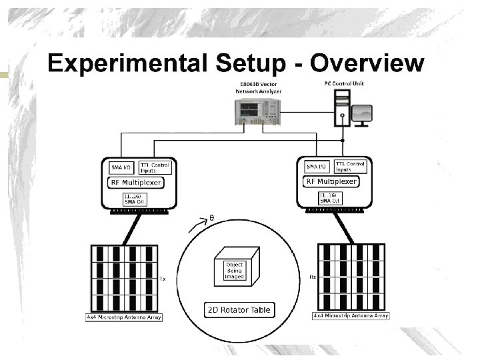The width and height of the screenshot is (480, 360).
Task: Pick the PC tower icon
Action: [x=341, y=109]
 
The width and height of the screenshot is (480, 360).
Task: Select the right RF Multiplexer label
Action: [x=331, y=181]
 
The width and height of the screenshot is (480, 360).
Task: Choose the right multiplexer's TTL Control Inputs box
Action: [x=349, y=167]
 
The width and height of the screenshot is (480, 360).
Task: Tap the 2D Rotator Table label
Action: [x=238, y=310]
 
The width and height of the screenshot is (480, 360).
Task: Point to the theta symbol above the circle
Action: [x=211, y=217]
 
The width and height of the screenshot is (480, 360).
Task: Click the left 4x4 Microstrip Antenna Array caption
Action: [x=125, y=317]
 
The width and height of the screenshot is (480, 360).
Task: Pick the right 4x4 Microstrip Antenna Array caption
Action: [x=351, y=315]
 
